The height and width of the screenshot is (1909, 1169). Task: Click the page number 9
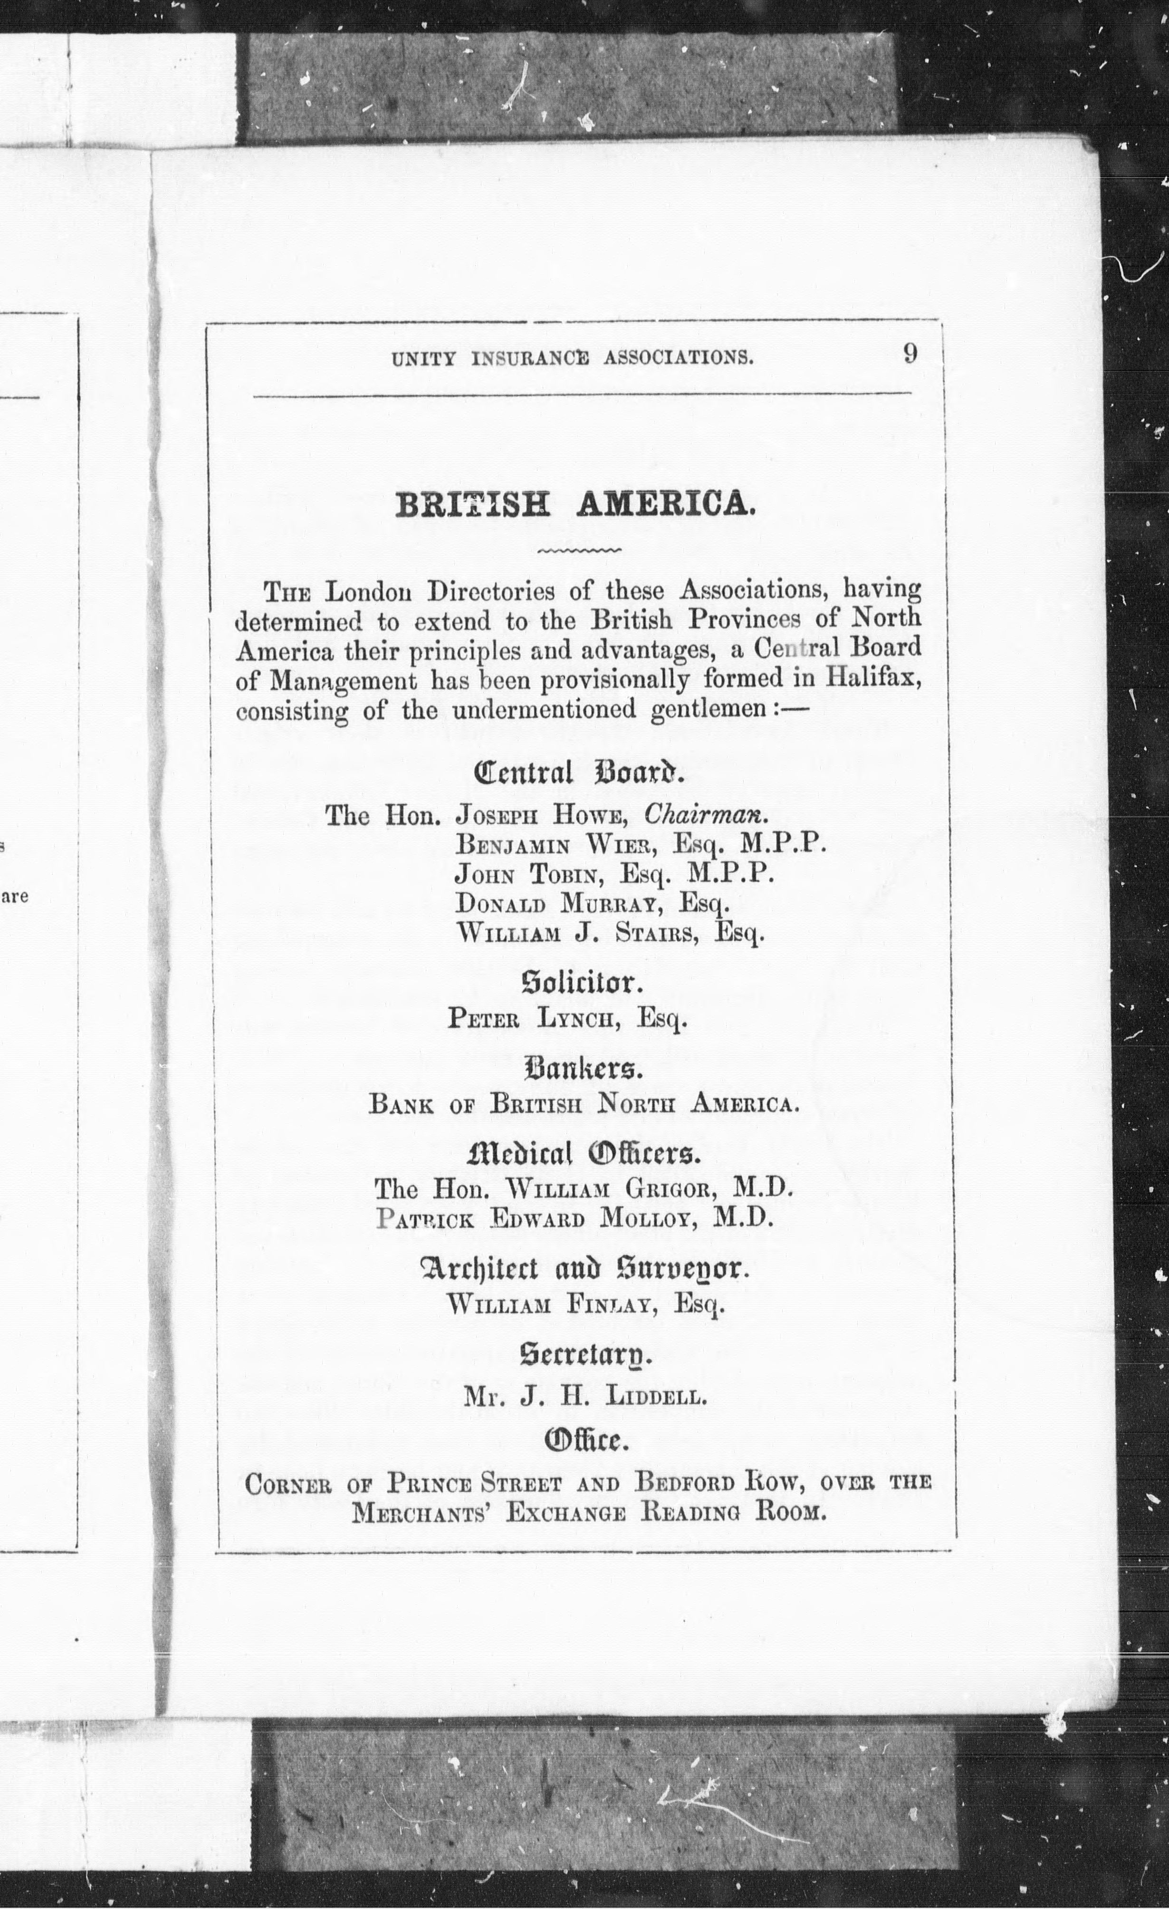click(x=910, y=354)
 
